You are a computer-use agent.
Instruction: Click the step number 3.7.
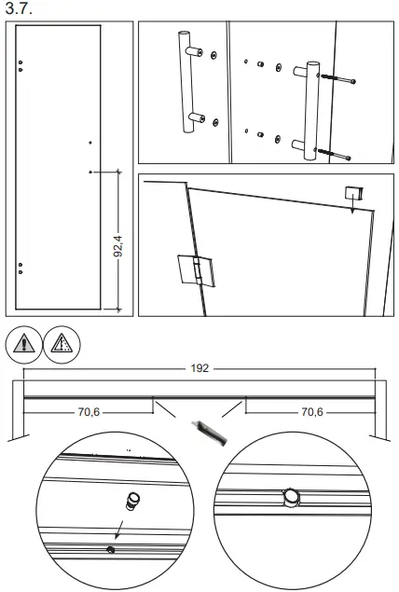click(19, 8)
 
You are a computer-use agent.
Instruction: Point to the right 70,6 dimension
click(312, 411)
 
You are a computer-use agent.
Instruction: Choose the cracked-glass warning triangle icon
click(61, 344)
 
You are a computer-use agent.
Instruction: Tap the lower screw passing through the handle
click(336, 151)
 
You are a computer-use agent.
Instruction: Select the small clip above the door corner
click(353, 193)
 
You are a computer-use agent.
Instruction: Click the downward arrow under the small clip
click(351, 209)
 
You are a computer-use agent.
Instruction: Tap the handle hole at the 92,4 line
click(89, 172)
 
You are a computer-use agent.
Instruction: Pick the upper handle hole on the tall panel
click(89, 142)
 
